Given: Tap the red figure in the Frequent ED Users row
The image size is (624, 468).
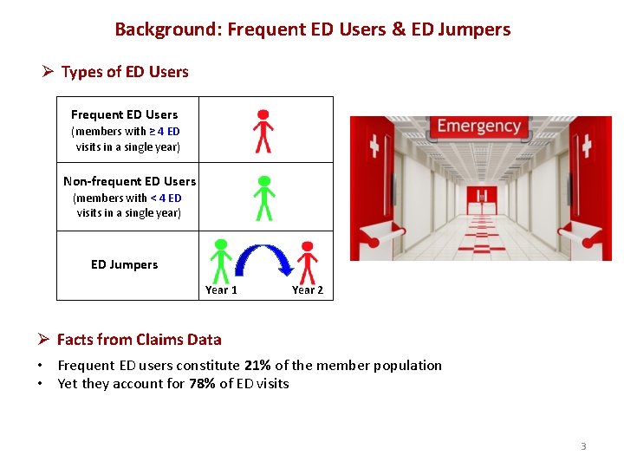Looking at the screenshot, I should (263, 131).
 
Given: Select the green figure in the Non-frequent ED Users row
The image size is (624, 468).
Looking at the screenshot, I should (264, 198).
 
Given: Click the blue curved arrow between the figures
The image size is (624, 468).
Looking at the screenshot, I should (264, 260).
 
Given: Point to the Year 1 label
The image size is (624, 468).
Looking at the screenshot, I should (221, 290).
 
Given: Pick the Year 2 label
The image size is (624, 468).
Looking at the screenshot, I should (307, 290).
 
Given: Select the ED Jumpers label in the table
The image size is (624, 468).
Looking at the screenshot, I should (124, 265).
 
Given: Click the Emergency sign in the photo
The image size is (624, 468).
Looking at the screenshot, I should (478, 127).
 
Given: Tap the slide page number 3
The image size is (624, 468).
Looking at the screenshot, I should (583, 446).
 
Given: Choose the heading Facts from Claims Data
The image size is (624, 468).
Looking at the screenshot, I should (139, 340).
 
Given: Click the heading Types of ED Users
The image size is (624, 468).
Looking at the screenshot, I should (124, 72).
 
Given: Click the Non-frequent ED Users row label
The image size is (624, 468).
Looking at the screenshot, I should (129, 181).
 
